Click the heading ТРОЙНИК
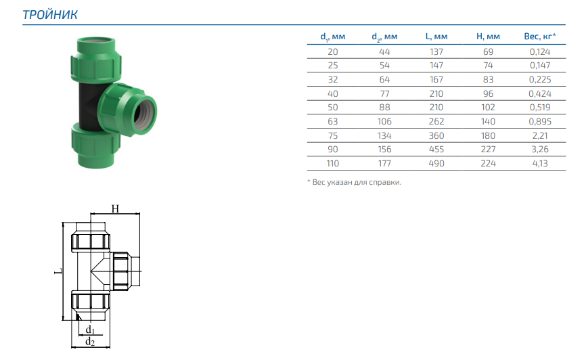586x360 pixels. [x=50, y=15]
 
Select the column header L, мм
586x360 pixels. [x=436, y=37]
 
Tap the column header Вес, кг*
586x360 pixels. [x=540, y=37]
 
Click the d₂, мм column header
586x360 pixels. [x=384, y=37]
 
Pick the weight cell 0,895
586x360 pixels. [x=540, y=122]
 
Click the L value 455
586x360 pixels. [x=436, y=150]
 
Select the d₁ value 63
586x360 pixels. [x=333, y=122]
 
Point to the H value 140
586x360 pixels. [x=488, y=122]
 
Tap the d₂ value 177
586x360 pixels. [x=384, y=163]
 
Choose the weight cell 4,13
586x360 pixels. [x=540, y=163]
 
